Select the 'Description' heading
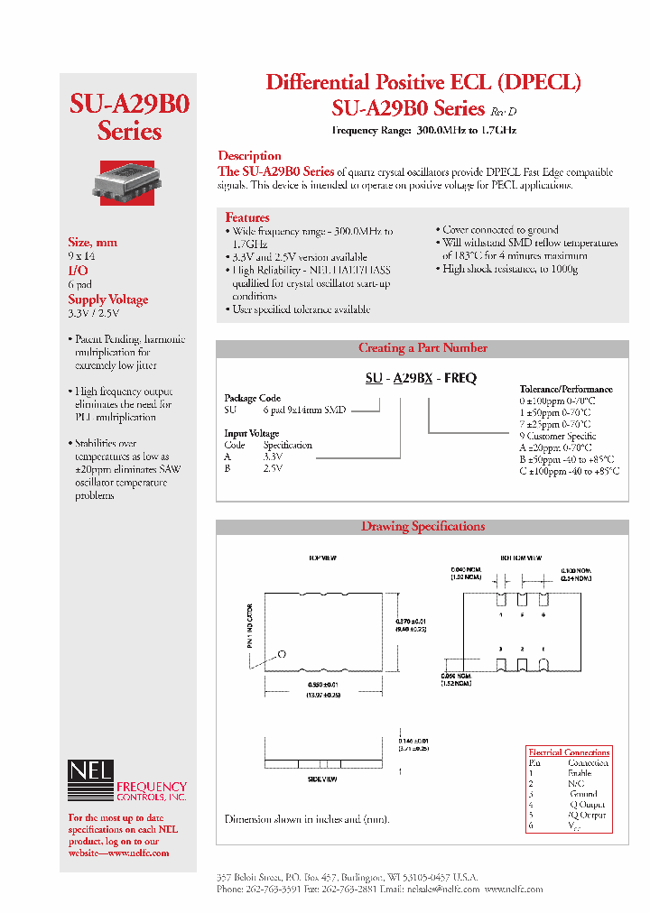(249, 155)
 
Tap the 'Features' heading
(246, 217)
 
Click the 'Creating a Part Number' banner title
(422, 348)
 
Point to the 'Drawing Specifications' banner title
(422, 527)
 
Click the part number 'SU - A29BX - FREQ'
(421, 379)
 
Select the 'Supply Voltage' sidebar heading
(107, 300)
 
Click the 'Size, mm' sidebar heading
(92, 242)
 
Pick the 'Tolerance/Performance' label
(566, 389)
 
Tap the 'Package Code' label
(252, 398)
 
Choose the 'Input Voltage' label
(251, 433)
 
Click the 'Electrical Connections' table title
(568, 752)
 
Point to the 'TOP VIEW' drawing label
(322, 558)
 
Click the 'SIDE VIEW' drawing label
(322, 778)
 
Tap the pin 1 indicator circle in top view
(283, 653)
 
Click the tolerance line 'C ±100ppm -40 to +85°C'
(569, 471)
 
